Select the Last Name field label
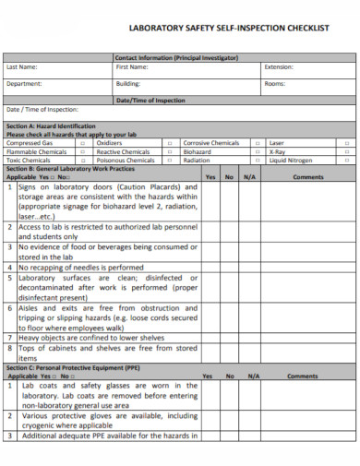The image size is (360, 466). click(21, 67)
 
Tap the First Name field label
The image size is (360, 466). click(131, 67)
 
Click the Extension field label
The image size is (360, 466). click(279, 67)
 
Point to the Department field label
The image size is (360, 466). click(24, 83)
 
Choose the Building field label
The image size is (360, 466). click(127, 83)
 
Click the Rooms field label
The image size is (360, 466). click(275, 83)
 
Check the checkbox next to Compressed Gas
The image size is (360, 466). click(82, 144)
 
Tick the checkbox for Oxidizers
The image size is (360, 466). click(168, 144)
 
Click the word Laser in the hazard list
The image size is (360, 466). click(276, 144)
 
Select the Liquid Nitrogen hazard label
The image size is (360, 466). click(289, 160)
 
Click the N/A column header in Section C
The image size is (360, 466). click(249, 376)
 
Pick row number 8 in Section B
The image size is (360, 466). click(9, 349)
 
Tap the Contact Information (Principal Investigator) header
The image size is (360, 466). click(175, 57)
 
